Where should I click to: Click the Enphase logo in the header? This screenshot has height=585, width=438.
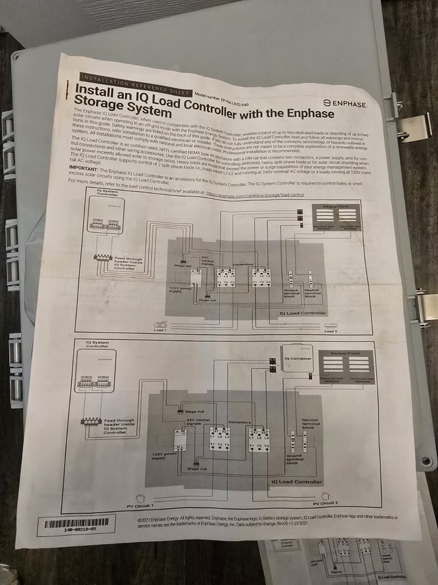coord(345,104)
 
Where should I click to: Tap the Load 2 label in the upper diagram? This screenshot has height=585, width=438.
coord(330,331)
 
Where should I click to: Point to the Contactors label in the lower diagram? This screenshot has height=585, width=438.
coord(239,421)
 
